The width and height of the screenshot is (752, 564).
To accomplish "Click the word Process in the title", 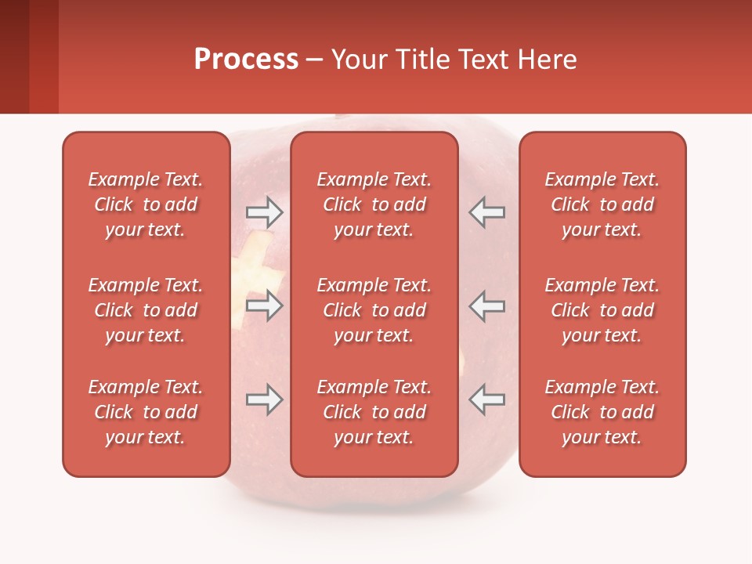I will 246,60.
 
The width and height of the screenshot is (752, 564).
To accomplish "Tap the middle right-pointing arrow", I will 264,305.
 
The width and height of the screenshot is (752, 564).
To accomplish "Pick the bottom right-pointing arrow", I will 264,399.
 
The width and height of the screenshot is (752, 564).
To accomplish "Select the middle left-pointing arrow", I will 487,305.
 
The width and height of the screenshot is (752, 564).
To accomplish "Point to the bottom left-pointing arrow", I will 487,399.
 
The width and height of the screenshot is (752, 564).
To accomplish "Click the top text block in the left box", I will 146,204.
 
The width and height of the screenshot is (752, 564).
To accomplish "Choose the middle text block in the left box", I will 146,310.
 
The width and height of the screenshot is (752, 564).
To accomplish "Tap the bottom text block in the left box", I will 146,412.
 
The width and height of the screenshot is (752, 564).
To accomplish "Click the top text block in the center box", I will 374,204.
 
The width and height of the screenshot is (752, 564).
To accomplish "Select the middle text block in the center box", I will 374,310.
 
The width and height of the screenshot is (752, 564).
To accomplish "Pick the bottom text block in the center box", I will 374,412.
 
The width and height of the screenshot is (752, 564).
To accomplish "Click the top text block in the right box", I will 602,204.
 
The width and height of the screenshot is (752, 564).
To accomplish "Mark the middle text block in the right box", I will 602,310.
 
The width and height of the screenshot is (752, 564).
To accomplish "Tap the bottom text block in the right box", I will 602,412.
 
